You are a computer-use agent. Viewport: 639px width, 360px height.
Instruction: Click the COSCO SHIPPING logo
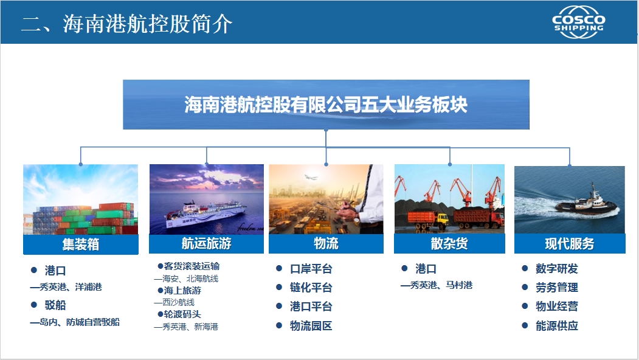coord(579,22)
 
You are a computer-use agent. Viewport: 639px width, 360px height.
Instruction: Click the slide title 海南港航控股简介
coord(147,24)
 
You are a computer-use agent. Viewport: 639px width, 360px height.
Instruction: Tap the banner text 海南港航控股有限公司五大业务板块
coord(326,105)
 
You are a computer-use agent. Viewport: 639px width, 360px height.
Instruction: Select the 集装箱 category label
coord(81,244)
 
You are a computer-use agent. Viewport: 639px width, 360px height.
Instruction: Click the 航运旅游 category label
coord(206,243)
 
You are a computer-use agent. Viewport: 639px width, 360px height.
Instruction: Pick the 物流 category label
coord(326,243)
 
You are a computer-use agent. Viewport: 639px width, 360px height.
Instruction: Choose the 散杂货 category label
coord(449,243)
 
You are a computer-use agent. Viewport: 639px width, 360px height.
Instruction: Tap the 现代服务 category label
coord(569,244)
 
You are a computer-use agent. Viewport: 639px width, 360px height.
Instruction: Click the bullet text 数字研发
coord(557,269)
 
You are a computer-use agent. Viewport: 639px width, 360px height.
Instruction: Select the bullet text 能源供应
coord(557,326)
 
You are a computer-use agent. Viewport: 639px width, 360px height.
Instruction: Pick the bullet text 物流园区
coord(311,326)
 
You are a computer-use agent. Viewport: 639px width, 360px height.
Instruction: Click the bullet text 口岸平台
coord(311,269)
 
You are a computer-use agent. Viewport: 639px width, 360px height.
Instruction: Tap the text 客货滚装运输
coord(192,266)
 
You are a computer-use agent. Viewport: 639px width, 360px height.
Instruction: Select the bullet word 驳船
coord(55,305)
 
